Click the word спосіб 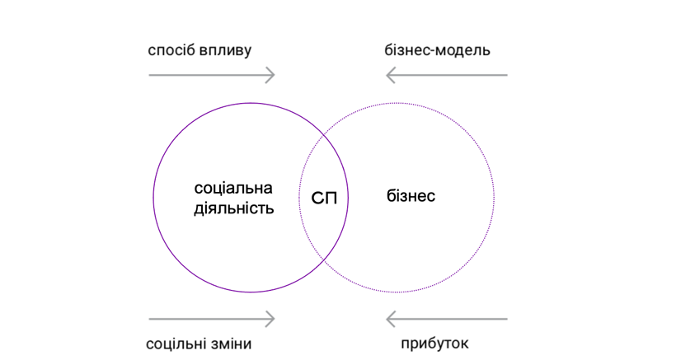coord(173,51)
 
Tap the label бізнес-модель coord(437,51)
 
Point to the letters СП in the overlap coord(324,199)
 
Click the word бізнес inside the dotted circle coord(411,197)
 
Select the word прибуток coord(436,344)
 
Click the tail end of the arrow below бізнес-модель coord(507,76)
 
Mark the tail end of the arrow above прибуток coord(507,318)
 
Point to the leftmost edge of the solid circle coord(153,197)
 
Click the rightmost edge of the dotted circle coord(495,197)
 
